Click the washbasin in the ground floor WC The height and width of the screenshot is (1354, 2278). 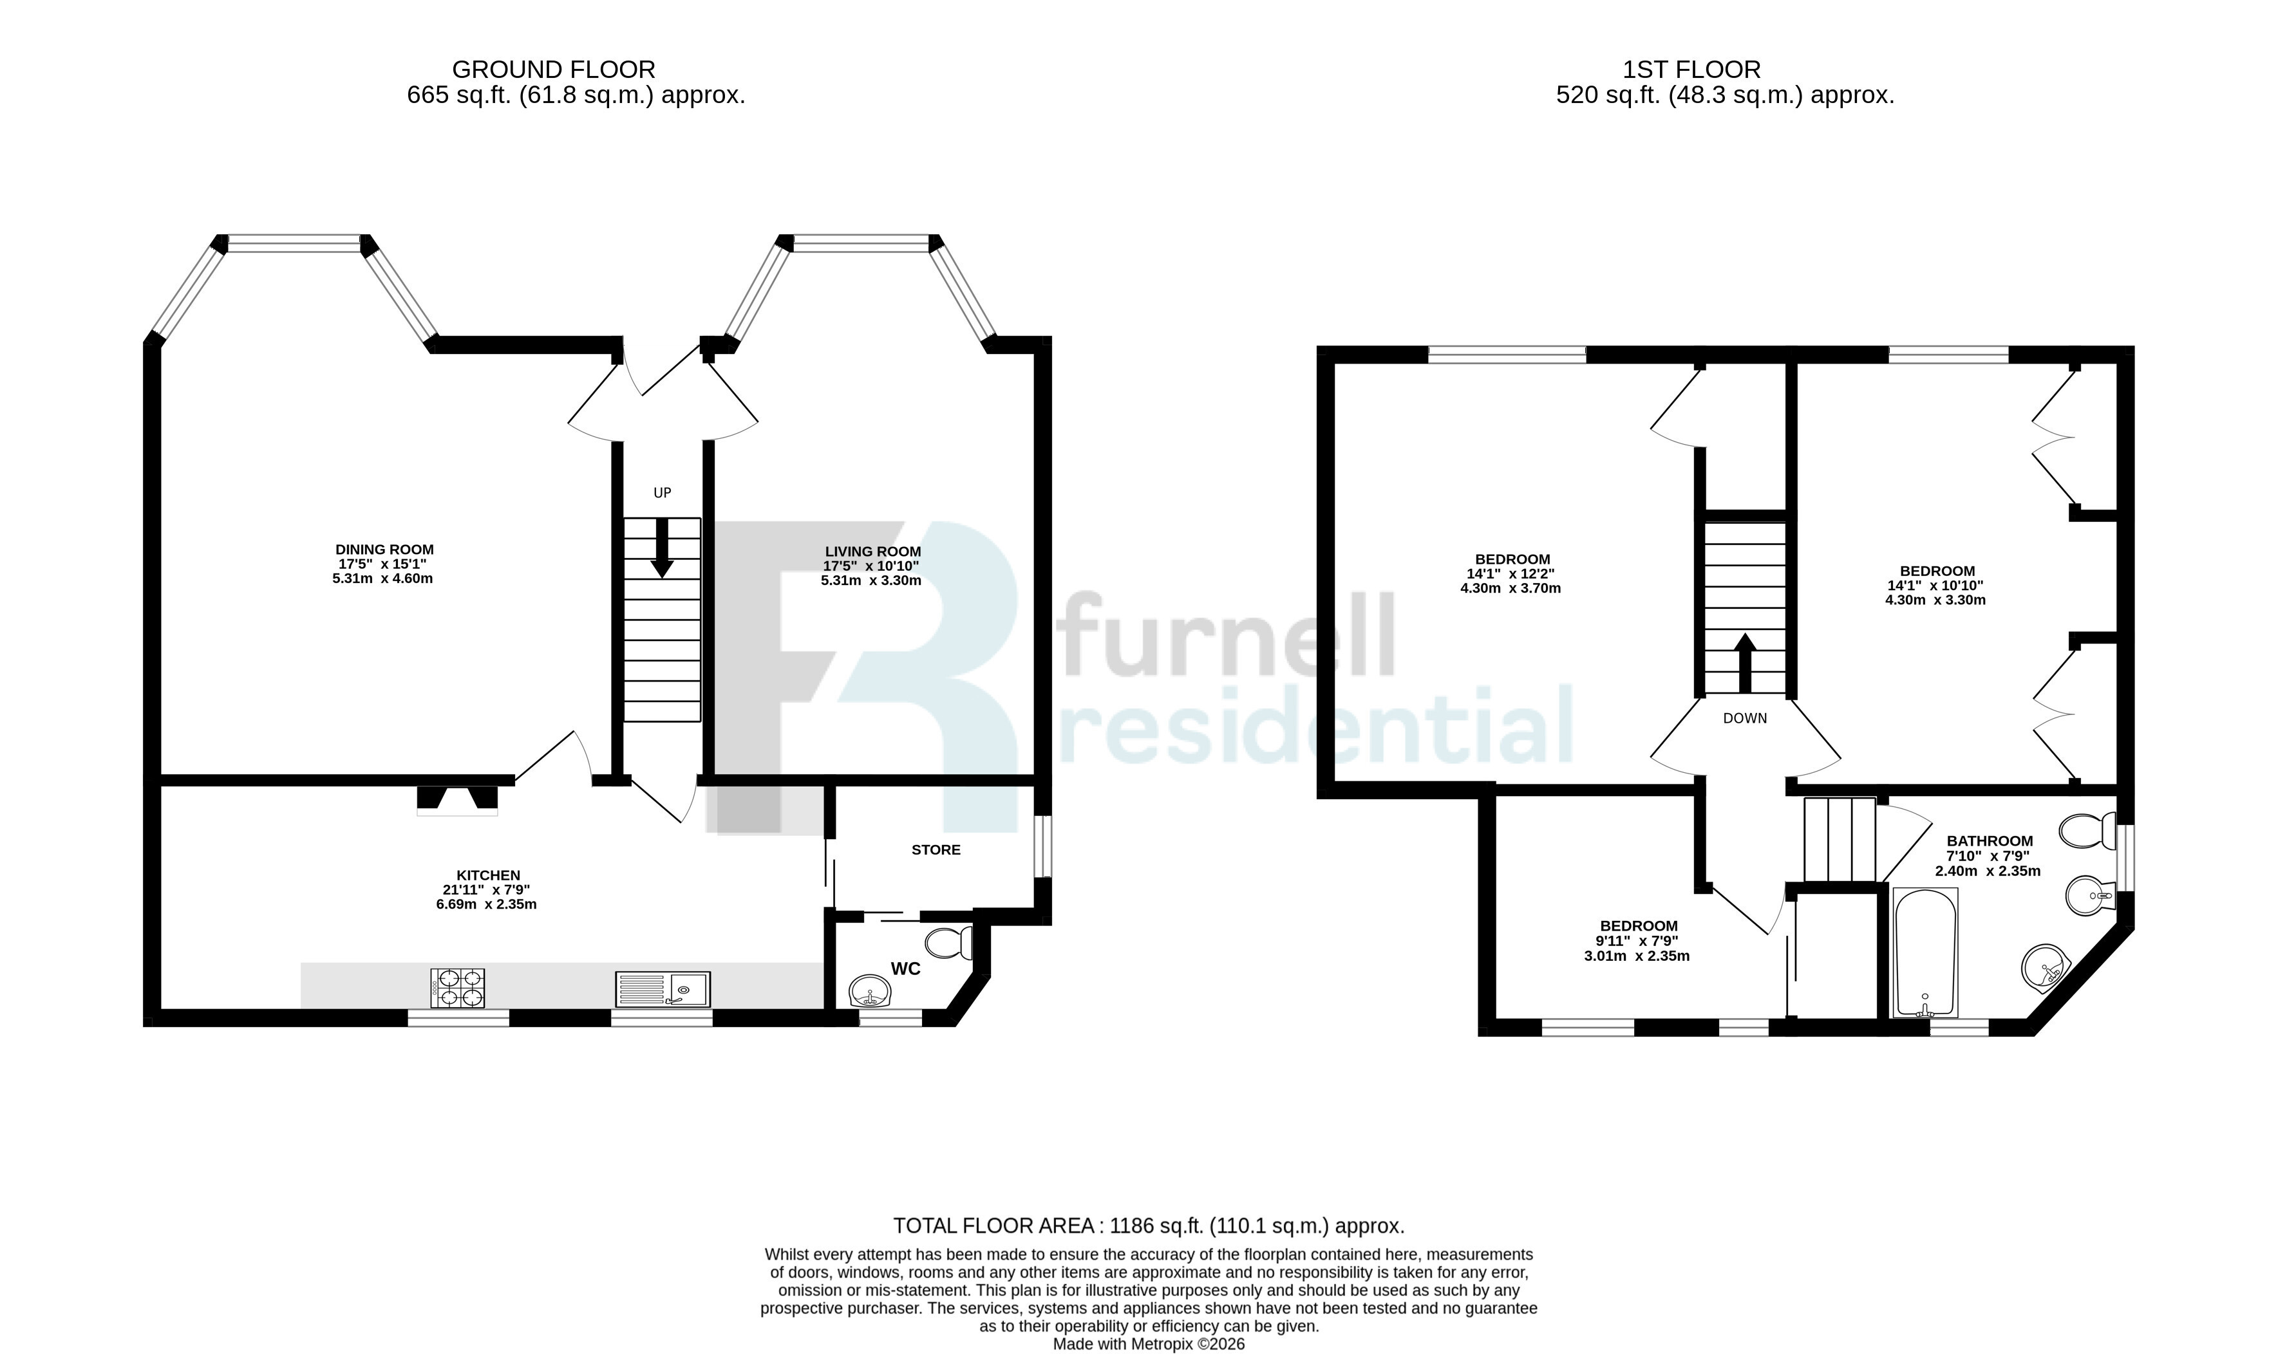[x=870, y=992]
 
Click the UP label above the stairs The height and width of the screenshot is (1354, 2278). [x=663, y=493]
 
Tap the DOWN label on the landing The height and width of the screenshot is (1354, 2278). [x=1745, y=718]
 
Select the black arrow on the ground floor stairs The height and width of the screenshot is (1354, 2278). [x=663, y=548]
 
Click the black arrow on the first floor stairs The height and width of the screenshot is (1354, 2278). [x=1745, y=663]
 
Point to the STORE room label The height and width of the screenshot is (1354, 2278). [x=936, y=849]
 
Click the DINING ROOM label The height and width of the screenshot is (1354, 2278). [x=384, y=550]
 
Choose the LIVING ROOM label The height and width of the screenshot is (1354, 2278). [x=872, y=551]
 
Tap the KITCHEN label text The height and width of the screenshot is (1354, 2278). [x=488, y=875]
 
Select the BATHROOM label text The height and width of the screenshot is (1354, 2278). [x=1990, y=841]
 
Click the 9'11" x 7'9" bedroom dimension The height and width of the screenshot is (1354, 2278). [x=1637, y=941]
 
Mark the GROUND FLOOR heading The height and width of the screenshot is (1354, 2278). [x=554, y=70]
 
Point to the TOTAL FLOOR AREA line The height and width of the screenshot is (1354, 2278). [x=1148, y=1225]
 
